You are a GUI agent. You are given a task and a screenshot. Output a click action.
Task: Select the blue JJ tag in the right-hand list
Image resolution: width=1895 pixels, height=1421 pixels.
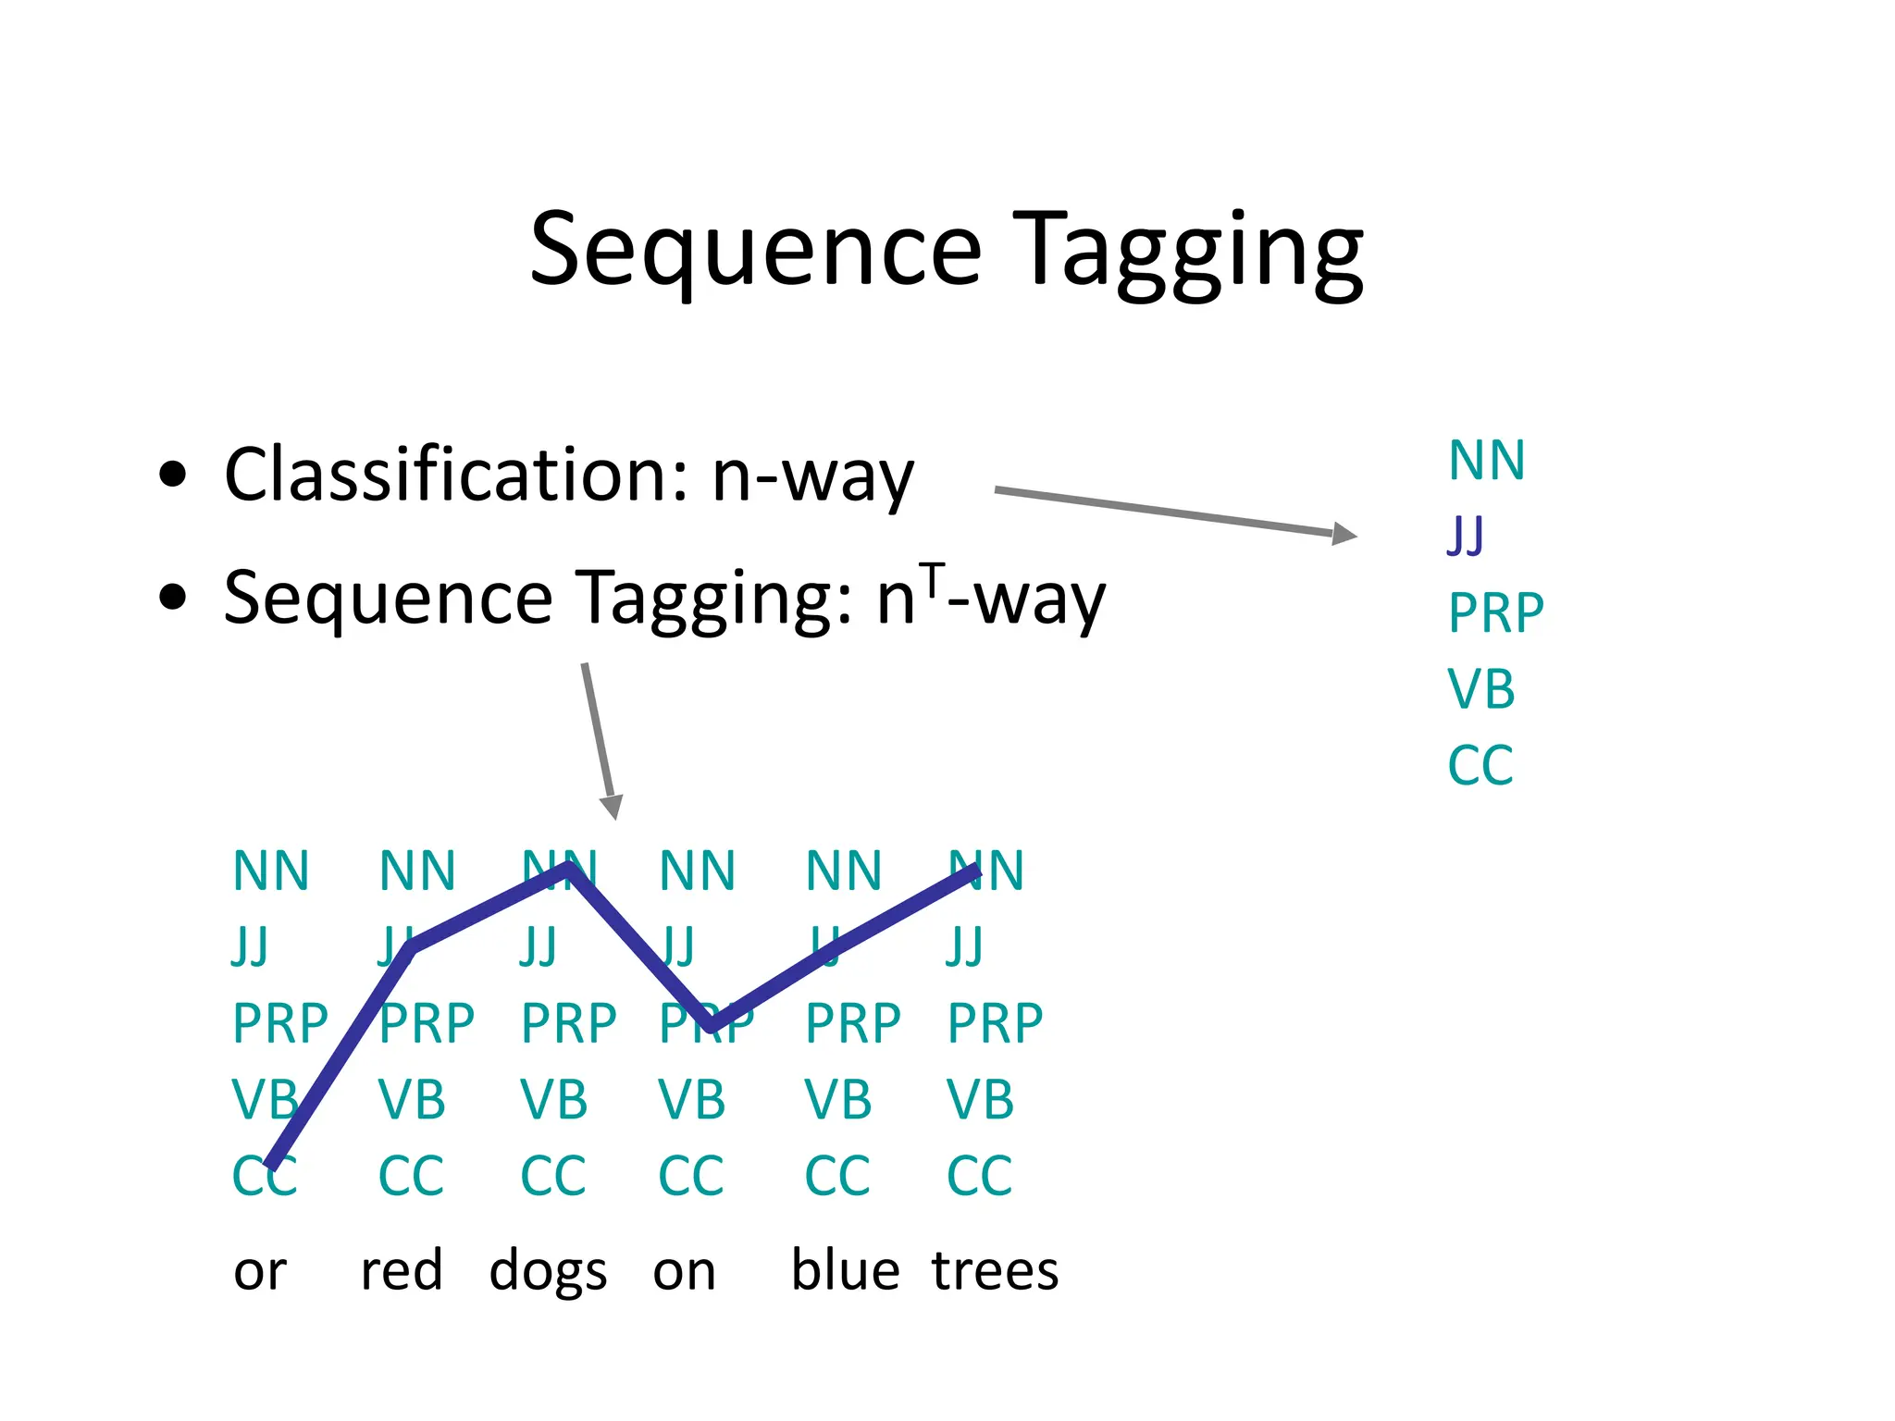pos(1465,536)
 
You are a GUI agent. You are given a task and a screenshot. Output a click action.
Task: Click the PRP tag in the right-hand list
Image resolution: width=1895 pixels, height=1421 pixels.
pos(1495,612)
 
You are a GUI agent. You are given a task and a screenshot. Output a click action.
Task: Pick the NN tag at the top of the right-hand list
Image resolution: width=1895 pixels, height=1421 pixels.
pos(1486,461)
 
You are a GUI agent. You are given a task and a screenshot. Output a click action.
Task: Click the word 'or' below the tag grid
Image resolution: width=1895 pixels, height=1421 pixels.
pos(260,1272)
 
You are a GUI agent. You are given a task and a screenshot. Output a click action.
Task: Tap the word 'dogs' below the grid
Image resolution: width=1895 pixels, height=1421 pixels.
pos(548,1272)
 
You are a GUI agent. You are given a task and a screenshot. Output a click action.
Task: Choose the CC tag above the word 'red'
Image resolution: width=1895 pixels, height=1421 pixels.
pos(411,1176)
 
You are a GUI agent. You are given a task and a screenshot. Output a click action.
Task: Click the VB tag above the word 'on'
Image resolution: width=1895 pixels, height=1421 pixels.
pos(691,1100)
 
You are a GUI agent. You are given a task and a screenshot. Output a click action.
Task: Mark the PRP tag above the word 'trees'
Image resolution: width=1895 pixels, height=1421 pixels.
pos(995,1023)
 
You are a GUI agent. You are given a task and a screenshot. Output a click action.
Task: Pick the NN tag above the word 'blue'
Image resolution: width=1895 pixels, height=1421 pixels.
pos(843,871)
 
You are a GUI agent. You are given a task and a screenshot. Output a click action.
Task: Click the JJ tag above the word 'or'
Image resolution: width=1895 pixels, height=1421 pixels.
pos(250,946)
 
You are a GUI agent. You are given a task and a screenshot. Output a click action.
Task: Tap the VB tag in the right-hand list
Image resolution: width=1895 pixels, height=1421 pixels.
pos(1480,689)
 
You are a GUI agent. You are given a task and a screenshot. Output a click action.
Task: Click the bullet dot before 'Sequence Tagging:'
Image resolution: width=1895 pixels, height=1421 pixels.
pos(172,597)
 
